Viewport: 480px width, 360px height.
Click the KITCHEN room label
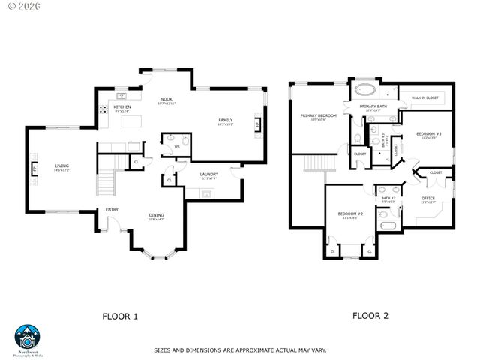[122, 107]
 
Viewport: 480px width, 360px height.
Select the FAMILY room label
[225, 120]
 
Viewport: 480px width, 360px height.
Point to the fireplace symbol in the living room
[32, 168]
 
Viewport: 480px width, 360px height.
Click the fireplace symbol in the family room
[258, 125]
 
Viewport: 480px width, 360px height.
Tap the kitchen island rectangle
[131, 120]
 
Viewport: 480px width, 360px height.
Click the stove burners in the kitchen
[103, 109]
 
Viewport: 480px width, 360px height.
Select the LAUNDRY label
[209, 175]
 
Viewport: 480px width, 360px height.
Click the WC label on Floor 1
[177, 146]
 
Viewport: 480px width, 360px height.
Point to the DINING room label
[156, 216]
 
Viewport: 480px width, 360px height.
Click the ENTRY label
[112, 210]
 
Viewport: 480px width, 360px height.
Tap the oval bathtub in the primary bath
[367, 91]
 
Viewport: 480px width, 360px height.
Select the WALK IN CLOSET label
[424, 97]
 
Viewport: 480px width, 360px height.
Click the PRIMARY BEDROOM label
[318, 115]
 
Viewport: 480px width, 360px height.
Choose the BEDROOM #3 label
[429, 134]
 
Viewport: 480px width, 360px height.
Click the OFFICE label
[428, 199]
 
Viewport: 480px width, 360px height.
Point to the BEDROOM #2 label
[349, 214]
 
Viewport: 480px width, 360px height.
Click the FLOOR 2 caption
[370, 316]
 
